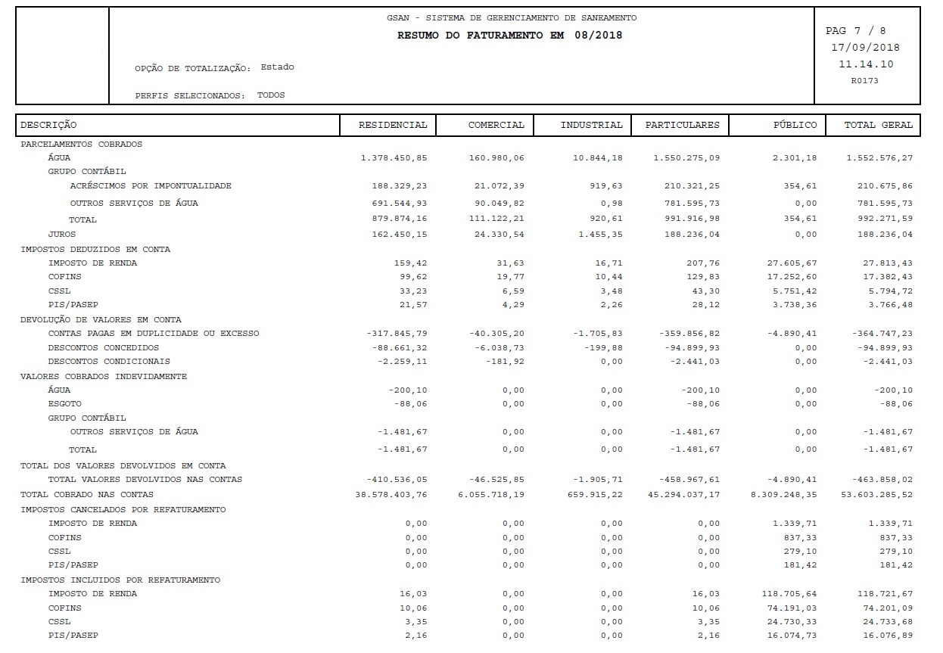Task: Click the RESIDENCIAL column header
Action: (x=393, y=125)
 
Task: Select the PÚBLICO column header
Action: (x=795, y=125)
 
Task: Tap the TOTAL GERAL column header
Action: (x=879, y=125)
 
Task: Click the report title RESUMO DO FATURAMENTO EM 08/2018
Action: (x=509, y=36)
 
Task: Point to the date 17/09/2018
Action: (x=865, y=48)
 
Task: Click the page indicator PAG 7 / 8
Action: (x=855, y=31)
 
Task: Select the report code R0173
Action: (x=865, y=79)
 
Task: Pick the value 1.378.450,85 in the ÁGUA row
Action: (x=394, y=157)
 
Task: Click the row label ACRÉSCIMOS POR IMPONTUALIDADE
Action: (x=151, y=185)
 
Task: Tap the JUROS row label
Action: (x=62, y=235)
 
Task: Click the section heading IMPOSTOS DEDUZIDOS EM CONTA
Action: (x=95, y=249)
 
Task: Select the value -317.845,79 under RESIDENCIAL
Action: (x=397, y=334)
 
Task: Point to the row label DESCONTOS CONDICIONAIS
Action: (x=109, y=362)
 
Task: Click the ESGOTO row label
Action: (x=64, y=404)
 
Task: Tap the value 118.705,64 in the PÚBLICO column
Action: (x=786, y=594)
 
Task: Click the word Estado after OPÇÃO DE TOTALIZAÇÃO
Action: (x=277, y=67)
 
